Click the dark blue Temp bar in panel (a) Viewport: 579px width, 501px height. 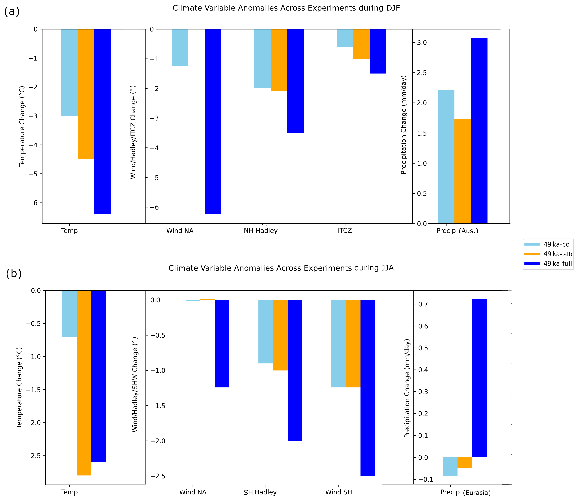point(102,121)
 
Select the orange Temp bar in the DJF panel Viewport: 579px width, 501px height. point(86,94)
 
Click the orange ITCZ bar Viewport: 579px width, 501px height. point(361,44)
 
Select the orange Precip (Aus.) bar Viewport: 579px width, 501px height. point(463,171)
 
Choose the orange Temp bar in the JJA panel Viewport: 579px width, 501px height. point(84,383)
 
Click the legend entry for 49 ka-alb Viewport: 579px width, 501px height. point(548,254)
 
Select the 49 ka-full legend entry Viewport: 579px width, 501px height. point(548,263)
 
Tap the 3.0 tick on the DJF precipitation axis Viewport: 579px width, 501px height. point(422,42)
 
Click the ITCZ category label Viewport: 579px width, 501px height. point(345,231)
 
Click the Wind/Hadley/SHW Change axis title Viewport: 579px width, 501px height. point(135,384)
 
